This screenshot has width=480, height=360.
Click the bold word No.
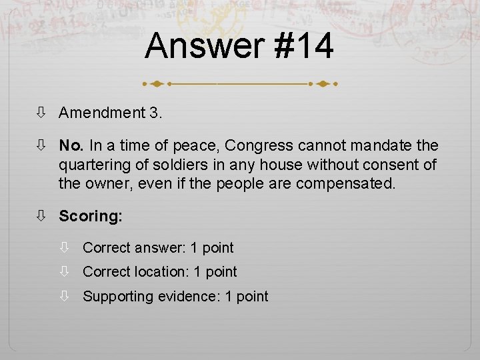tap(71, 145)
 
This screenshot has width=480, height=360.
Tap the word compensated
tap(347, 183)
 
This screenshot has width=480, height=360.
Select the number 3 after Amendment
tap(155, 113)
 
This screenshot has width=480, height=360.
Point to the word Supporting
tap(117, 297)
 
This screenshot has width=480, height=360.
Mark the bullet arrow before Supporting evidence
tap(65, 297)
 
